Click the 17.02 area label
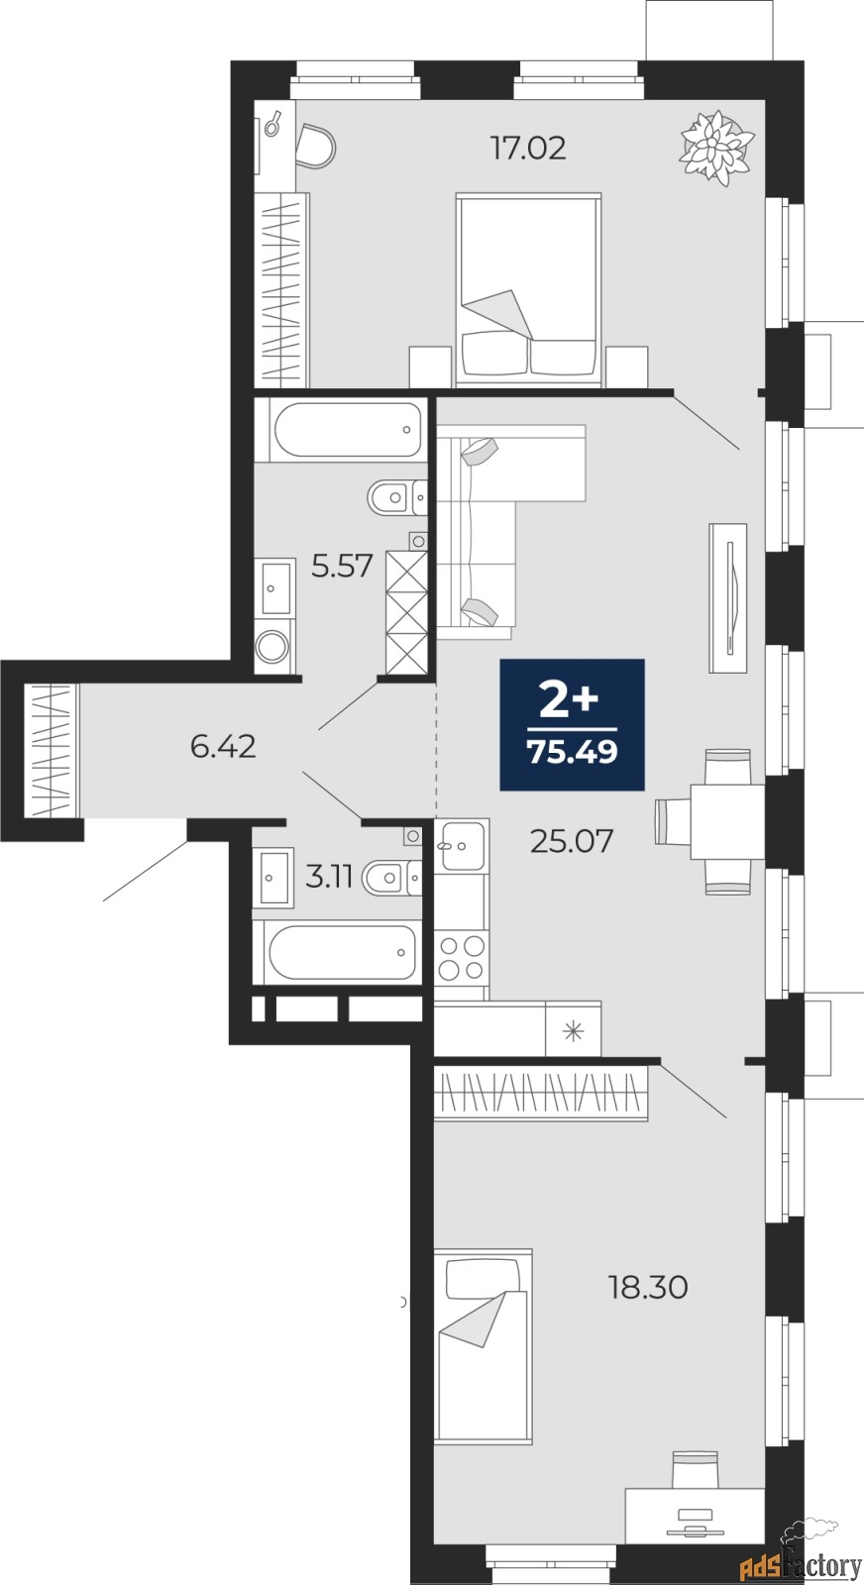[x=528, y=149]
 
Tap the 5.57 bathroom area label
[x=343, y=566]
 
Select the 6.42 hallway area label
[x=223, y=747]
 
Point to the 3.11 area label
[x=329, y=877]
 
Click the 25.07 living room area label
[x=572, y=841]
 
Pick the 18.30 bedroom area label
[x=648, y=1288]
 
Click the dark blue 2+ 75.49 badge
[x=572, y=724]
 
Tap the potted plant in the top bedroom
[x=716, y=148]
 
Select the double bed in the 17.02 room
[x=529, y=289]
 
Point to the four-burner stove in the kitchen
[x=462, y=959]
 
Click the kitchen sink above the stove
[x=462, y=845]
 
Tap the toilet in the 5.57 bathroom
[x=397, y=497]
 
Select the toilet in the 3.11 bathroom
[x=391, y=878]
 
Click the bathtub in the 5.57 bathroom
[x=341, y=430]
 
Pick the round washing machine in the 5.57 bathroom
[x=273, y=645]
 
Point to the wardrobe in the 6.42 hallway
[x=51, y=750]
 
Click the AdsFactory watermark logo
[x=801, y=1556]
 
